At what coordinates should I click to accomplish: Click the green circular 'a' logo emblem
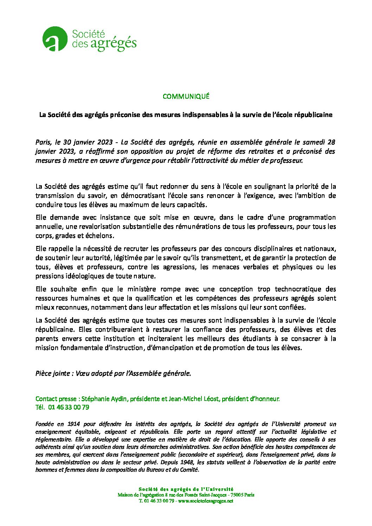tap(54, 39)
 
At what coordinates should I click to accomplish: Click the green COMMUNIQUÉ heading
tap(186, 96)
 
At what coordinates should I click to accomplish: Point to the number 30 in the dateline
tap(67, 142)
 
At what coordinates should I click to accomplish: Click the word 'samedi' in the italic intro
tap(313, 142)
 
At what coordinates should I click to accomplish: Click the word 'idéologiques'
tap(84, 276)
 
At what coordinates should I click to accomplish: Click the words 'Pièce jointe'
tap(53, 374)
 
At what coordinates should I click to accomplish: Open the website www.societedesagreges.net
tap(206, 501)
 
